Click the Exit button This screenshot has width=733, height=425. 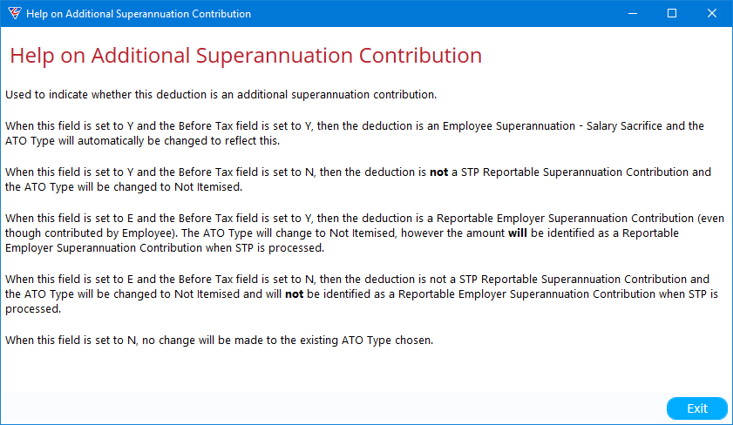[697, 408]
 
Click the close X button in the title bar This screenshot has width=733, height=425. [711, 14]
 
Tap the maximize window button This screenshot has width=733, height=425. [672, 14]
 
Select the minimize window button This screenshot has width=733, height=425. [633, 14]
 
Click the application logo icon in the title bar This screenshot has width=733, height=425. [15, 13]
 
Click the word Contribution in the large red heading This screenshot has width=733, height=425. [420, 55]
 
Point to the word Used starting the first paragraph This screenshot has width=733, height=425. [18, 94]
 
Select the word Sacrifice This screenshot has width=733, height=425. [641, 125]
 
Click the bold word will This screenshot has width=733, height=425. [517, 233]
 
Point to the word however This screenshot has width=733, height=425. [422, 233]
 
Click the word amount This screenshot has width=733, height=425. [485, 233]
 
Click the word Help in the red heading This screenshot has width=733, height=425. [32, 56]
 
